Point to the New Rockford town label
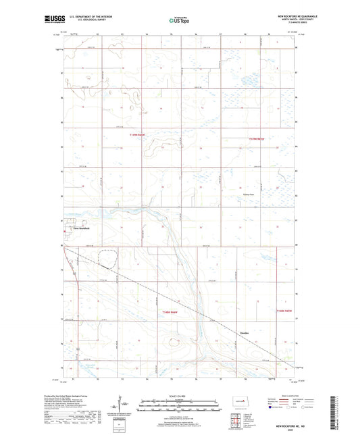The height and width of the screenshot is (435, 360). pos(80,229)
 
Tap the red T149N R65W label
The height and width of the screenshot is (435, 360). pos(139,134)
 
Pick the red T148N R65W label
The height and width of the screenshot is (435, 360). pos(172,312)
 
